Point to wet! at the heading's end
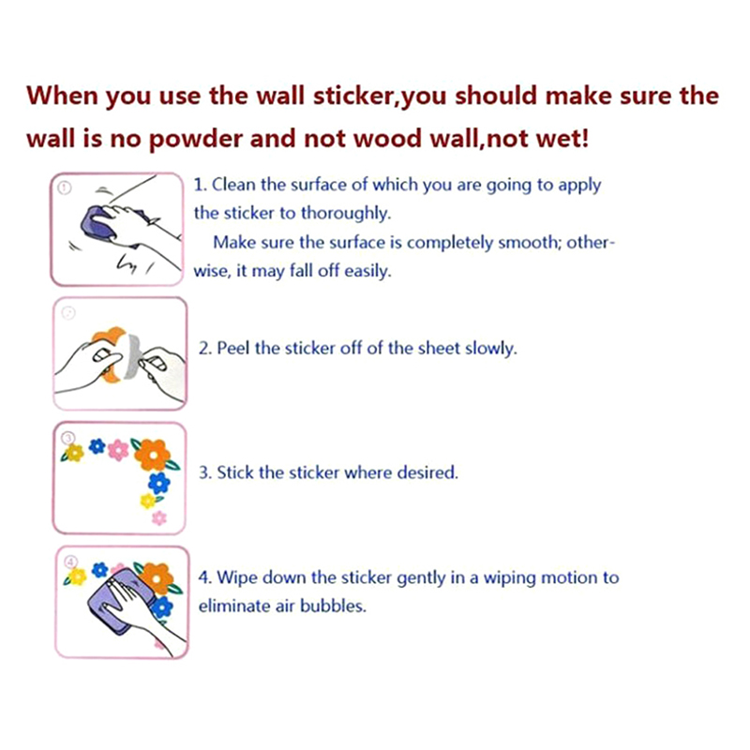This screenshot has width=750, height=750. (x=563, y=138)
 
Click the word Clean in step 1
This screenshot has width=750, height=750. (x=233, y=185)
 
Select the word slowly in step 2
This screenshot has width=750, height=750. (x=490, y=348)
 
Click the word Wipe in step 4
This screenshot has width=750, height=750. (x=236, y=577)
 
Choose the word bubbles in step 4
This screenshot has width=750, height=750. (x=333, y=606)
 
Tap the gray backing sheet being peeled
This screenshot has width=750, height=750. (x=131, y=356)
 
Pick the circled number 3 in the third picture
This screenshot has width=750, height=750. (x=68, y=438)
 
